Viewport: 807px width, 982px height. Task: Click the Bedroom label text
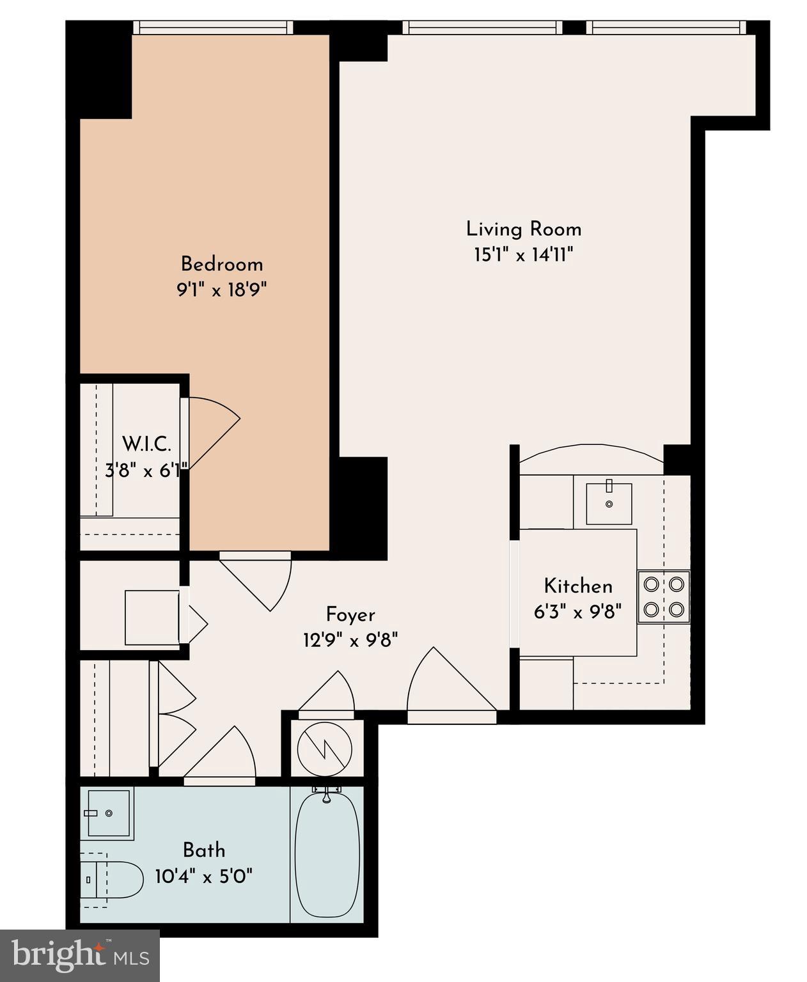tap(221, 264)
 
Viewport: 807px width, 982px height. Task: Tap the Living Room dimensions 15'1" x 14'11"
tap(522, 256)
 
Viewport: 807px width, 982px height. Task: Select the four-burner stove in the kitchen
tap(664, 596)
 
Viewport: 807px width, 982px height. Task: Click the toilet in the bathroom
tap(112, 880)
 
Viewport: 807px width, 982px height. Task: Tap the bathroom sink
tap(108, 813)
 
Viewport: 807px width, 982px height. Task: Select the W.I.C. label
tap(146, 444)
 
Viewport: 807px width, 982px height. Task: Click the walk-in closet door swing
tap(211, 430)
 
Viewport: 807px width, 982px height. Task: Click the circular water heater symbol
tap(325, 747)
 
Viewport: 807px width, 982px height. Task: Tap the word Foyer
tap(350, 615)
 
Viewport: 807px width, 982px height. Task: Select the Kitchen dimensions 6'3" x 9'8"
tap(577, 612)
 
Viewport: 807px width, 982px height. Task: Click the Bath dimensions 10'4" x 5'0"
tap(204, 876)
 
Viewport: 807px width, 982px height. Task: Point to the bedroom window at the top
tap(213, 27)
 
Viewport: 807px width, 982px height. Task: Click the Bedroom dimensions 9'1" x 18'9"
tap(221, 290)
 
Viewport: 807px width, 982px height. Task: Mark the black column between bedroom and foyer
tap(362, 508)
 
